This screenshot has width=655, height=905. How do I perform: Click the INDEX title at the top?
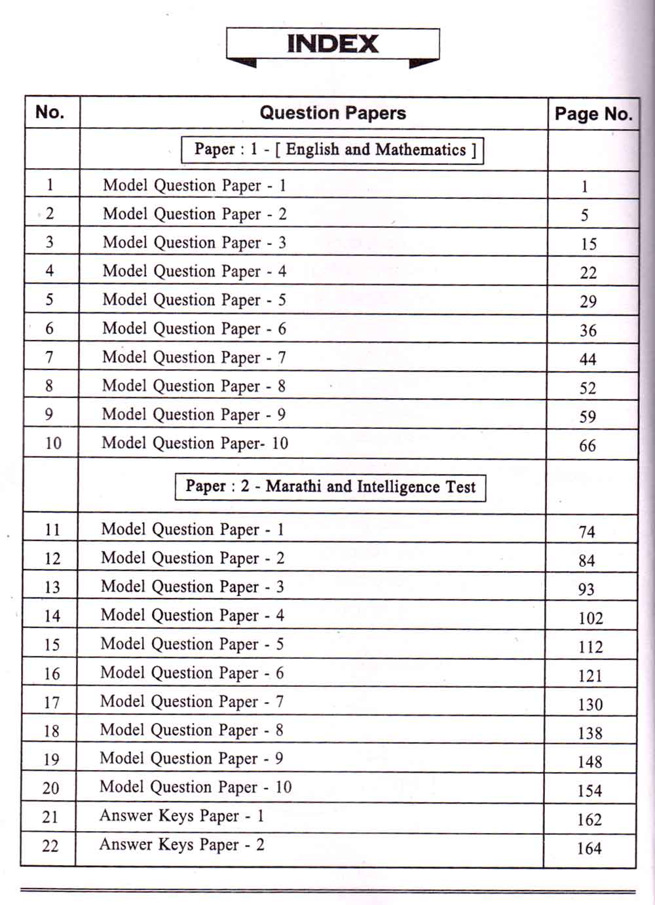pos(333,44)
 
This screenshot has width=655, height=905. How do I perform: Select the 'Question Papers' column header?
pos(333,113)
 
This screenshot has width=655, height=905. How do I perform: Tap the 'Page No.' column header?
pos(593,114)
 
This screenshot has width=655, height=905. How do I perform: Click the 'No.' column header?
pos(50,112)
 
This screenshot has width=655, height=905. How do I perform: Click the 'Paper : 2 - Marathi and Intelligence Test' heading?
pos(330,487)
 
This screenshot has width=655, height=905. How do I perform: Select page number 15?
pos(588,244)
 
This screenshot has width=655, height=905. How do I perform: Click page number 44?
pos(588,360)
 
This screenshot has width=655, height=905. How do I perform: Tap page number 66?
pos(588,446)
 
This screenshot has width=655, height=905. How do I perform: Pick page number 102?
pos(590,618)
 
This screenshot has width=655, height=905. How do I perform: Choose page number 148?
pos(589,762)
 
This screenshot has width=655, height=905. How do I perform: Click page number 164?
pos(589,849)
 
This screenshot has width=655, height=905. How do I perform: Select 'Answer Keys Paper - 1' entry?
pos(181,816)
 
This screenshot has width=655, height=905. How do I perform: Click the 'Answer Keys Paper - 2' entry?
pos(181,845)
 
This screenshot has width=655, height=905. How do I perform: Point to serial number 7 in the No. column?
pos(49,358)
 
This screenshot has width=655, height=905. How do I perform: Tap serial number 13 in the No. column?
pos(52,587)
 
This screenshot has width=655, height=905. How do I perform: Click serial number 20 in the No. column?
pos(50,788)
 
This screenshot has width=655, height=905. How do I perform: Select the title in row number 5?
pos(195,300)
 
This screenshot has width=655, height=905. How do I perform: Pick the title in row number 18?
pos(192,730)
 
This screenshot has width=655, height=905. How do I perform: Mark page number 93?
pos(586,589)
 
